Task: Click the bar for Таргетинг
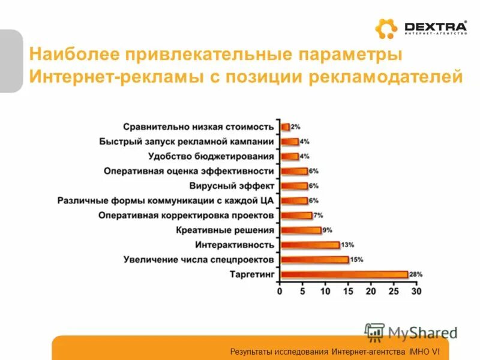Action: (344, 274)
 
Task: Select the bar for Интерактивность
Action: (310, 245)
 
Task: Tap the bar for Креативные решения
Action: (301, 230)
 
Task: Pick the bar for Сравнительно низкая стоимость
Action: (285, 127)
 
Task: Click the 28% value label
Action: (416, 274)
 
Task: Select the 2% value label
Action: (295, 127)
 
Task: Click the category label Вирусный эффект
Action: (232, 185)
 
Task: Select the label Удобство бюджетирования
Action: (211, 156)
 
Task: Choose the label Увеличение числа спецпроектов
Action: (199, 259)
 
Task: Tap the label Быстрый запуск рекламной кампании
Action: (186, 142)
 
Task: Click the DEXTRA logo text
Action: (435, 26)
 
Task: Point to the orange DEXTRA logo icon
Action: (386, 29)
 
